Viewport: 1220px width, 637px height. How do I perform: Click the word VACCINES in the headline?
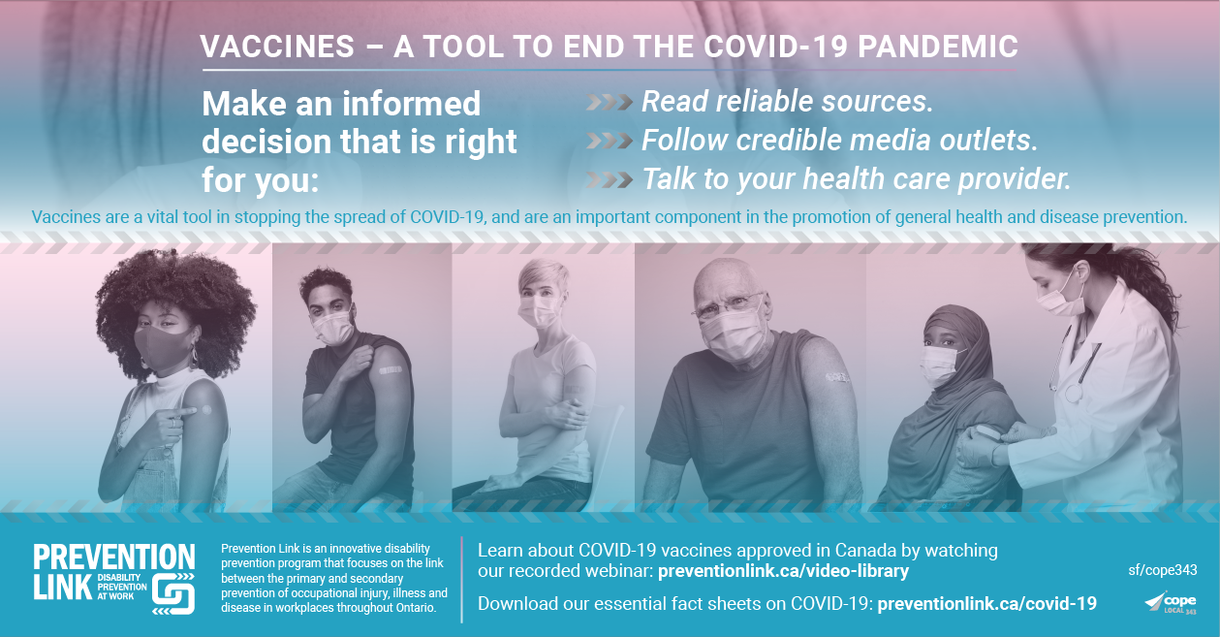pyautogui.click(x=278, y=47)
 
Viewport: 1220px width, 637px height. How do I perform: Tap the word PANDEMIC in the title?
pyautogui.click(x=938, y=47)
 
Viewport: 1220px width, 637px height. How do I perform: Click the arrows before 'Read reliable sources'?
pyautogui.click(x=610, y=102)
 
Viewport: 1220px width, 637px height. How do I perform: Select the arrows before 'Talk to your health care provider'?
pyautogui.click(x=610, y=179)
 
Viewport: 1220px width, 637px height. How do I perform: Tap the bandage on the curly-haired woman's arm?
pyautogui.click(x=206, y=410)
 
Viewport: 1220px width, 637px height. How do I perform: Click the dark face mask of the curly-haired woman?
pyautogui.click(x=164, y=348)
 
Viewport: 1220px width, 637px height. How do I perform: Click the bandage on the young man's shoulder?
pyautogui.click(x=390, y=370)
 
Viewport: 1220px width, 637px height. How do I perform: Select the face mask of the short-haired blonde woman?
pyautogui.click(x=539, y=311)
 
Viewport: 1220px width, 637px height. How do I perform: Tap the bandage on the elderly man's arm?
pyautogui.click(x=837, y=377)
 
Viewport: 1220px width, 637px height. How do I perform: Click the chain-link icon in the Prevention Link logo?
pyautogui.click(x=173, y=594)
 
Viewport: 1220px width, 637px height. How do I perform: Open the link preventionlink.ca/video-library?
pyautogui.click(x=783, y=571)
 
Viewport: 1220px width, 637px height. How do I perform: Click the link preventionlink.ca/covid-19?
pyautogui.click(x=986, y=604)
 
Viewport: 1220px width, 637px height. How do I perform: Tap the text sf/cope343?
pyautogui.click(x=1162, y=570)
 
